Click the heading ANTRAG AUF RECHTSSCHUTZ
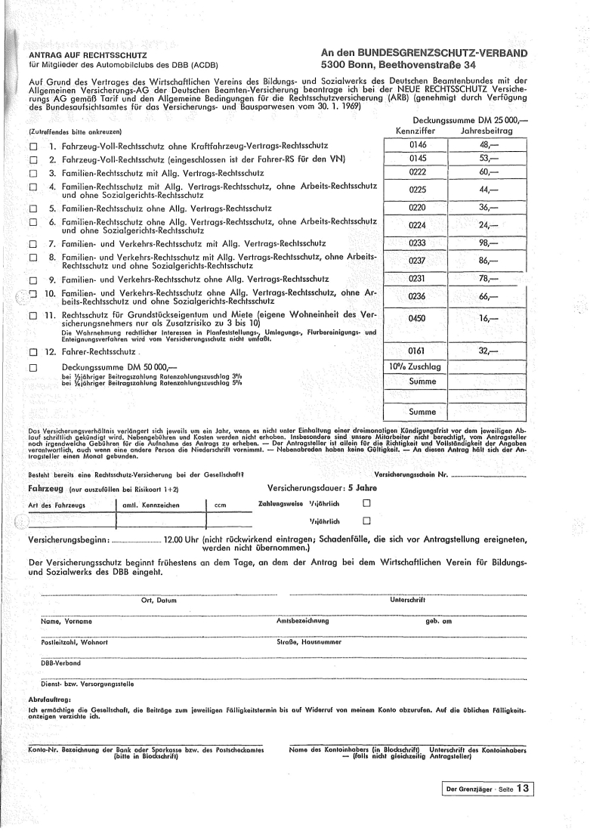pos(88,55)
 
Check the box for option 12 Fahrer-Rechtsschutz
pos(32,351)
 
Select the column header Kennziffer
pos(417,131)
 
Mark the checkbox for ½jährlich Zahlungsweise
pos(367,521)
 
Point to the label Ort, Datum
pos(159,600)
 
